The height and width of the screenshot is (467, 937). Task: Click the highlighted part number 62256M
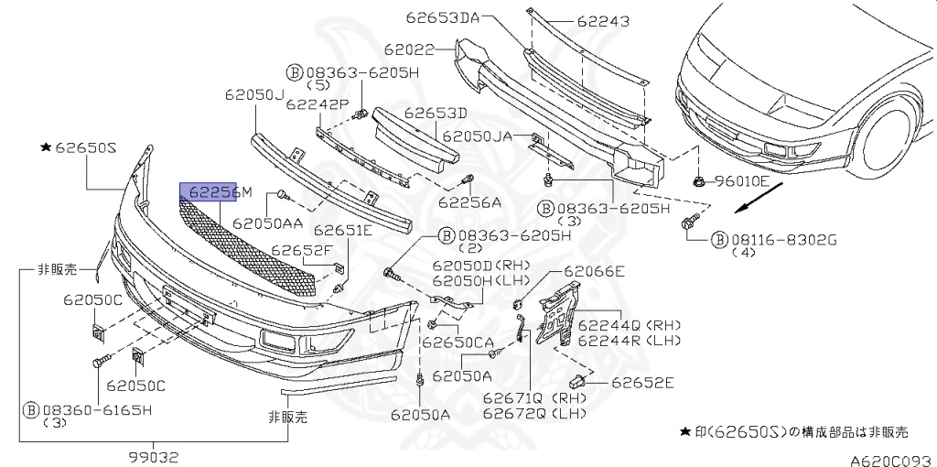coord(209,192)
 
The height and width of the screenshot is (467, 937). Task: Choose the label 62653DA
coord(449,16)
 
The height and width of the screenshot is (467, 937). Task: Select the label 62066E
coord(594,271)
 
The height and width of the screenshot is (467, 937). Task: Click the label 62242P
coord(318,104)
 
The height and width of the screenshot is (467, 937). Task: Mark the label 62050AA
coord(267,222)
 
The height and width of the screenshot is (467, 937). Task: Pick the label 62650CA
coord(457,342)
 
